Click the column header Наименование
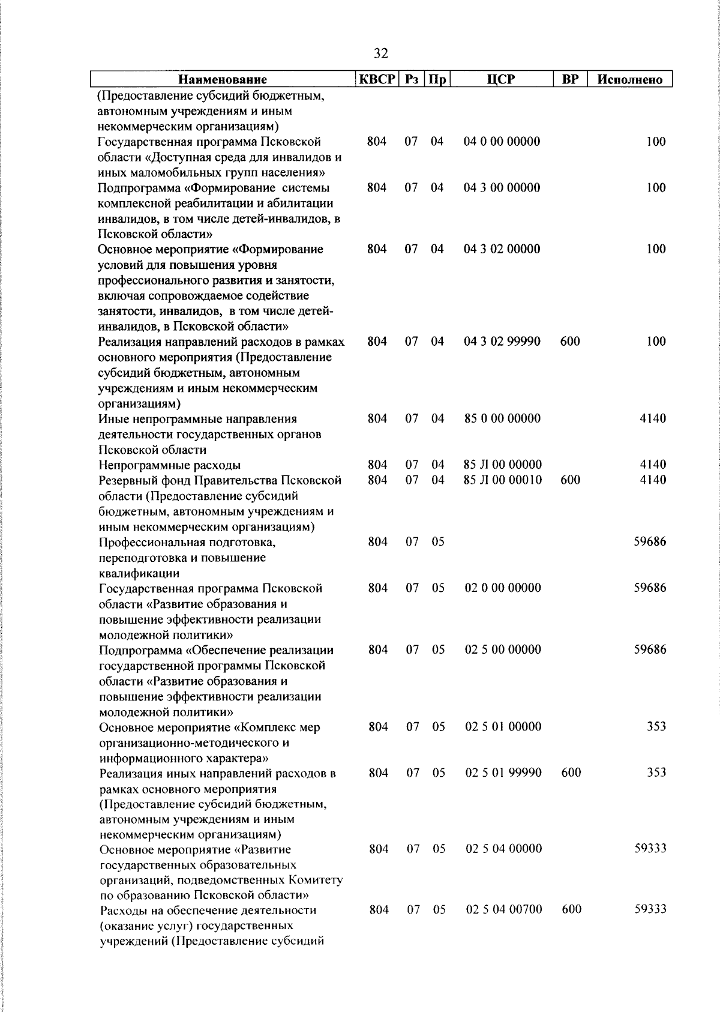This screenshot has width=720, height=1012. (223, 79)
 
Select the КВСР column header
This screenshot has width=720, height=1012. (376, 79)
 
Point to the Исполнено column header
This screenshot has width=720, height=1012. (629, 79)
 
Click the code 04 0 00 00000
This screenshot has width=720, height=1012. (502, 142)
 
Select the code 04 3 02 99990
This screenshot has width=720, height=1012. (502, 342)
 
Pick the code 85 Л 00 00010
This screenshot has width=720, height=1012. (503, 480)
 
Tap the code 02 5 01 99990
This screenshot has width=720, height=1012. (503, 773)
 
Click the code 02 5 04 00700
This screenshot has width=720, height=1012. (504, 910)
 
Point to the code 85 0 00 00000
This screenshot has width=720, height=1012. (502, 418)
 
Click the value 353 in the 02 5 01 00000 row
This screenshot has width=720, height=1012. (656, 726)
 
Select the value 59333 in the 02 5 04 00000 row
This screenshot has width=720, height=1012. (650, 849)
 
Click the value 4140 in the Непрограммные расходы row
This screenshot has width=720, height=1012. (653, 465)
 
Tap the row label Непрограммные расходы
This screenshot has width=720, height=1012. (170, 465)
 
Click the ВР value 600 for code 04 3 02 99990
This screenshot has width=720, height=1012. (569, 342)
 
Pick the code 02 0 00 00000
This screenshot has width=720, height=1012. (503, 588)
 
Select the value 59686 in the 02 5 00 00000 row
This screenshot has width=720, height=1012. (650, 649)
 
